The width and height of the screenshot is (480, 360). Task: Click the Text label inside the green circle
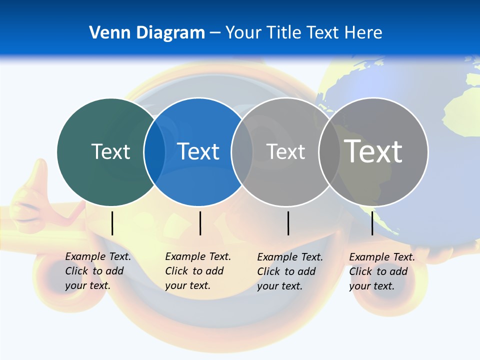110,151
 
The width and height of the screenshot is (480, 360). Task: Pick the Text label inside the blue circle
198,151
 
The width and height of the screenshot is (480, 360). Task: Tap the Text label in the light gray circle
285,151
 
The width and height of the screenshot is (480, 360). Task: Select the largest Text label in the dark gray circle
373,151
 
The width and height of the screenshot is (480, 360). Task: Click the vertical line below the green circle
112,223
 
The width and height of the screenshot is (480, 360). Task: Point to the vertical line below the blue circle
200,223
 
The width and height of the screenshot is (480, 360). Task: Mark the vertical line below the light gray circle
288,223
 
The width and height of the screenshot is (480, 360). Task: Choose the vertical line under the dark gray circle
372,223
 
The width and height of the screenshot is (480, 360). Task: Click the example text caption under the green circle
98,271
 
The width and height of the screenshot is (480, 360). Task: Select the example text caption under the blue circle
198,271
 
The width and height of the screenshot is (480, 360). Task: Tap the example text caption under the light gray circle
290,271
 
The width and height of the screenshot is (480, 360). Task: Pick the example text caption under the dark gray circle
382,271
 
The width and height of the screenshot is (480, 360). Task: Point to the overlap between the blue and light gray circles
242,151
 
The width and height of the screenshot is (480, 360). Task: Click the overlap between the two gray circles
329,151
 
